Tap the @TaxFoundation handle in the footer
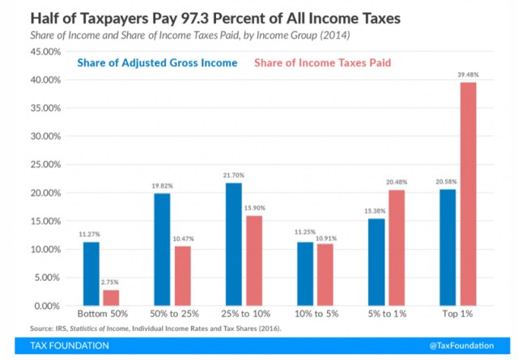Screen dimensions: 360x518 [x=464, y=345]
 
